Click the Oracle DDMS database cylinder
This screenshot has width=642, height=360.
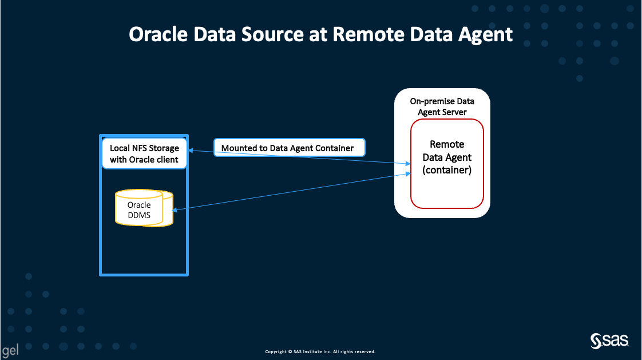pyautogui.click(x=144, y=209)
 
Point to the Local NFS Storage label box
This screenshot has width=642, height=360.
pyautogui.click(x=144, y=154)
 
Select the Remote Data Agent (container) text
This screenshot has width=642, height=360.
pyautogui.click(x=447, y=157)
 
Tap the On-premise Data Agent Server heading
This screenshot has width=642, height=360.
pyautogui.click(x=442, y=106)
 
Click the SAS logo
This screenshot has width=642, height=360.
pyautogui.click(x=610, y=342)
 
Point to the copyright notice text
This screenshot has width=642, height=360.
pyautogui.click(x=320, y=351)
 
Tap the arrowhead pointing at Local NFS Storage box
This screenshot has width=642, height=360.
pyautogui.click(x=191, y=150)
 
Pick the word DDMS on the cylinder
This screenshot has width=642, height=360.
pyautogui.click(x=140, y=215)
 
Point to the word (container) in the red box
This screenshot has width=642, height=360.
pyautogui.click(x=447, y=170)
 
